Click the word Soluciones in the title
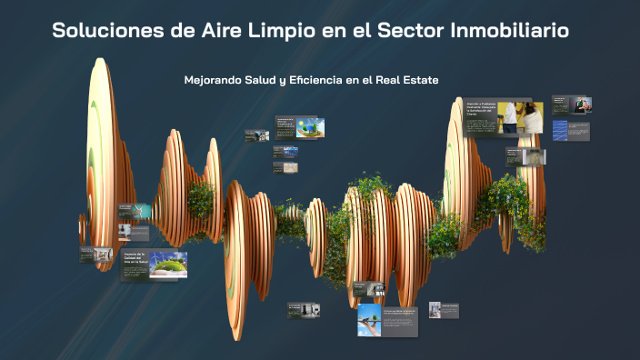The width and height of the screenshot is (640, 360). pyautogui.click(x=108, y=31)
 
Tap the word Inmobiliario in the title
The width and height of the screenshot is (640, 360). pyautogui.click(x=512, y=31)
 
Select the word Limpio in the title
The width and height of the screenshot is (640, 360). pyautogui.click(x=273, y=31)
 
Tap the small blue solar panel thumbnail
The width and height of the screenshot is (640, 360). pyautogui.click(x=291, y=152)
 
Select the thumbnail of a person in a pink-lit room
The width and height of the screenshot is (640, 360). pyautogui.click(x=582, y=104)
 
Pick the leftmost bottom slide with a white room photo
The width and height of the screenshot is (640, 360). pyautogui.click(x=304, y=310)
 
